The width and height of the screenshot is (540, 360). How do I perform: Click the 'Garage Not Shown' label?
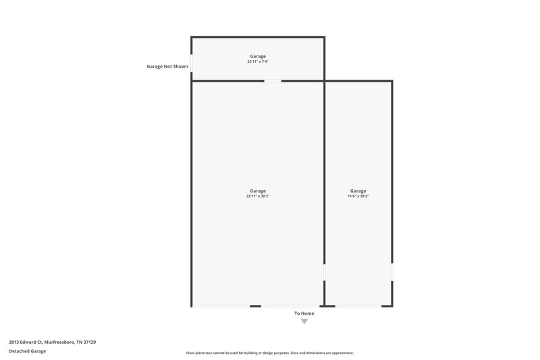[167, 67]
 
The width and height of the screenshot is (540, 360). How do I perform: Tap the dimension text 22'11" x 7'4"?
[258, 61]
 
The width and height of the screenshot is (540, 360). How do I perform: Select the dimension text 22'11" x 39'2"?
[258, 196]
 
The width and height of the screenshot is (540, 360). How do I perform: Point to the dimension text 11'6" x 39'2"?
[358, 196]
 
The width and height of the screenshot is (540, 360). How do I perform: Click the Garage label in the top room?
[258, 56]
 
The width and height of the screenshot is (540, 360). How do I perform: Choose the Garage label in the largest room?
[258, 190]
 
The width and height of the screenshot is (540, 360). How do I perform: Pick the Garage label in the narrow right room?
[358, 190]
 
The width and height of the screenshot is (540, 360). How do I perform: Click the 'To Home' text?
[304, 313]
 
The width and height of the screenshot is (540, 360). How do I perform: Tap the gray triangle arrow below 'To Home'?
[304, 322]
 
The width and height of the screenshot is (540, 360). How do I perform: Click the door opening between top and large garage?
[273, 81]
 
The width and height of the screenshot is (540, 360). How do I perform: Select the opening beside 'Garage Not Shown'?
[192, 63]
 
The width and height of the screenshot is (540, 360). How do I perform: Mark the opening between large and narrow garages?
[325, 272]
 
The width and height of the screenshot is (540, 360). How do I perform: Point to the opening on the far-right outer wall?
[391, 272]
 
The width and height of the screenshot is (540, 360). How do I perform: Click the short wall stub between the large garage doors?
[255, 306]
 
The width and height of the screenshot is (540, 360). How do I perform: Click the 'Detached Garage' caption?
[28, 351]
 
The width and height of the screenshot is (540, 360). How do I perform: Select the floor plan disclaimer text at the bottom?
[269, 353]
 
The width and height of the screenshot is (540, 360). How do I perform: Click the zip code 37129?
[89, 342]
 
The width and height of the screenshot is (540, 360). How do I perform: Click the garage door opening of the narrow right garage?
[358, 306]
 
